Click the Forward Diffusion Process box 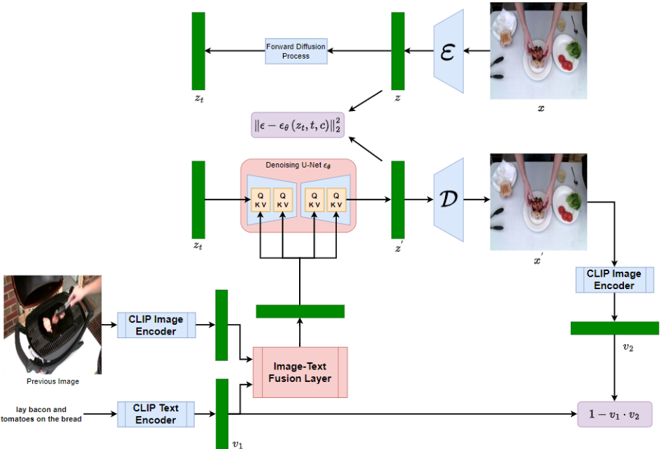(296, 51)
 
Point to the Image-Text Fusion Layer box (300, 372)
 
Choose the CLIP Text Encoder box (156, 413)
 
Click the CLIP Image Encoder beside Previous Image (156, 325)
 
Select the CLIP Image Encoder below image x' (614, 279)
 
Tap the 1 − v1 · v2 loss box (614, 413)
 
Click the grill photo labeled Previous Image (53, 325)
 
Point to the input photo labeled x (537, 51)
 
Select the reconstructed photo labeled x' (537, 201)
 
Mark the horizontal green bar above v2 (614, 328)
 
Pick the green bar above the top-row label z (398, 51)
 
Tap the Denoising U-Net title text (298, 165)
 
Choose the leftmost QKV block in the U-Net (261, 200)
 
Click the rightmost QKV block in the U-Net (337, 200)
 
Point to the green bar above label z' (398, 199)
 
